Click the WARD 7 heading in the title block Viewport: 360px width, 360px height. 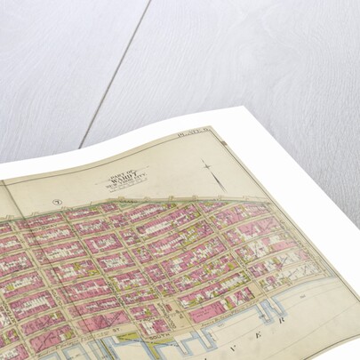[x=122, y=167]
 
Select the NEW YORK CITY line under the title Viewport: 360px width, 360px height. [x=122, y=173]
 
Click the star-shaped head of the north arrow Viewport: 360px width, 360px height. [x=206, y=164]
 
